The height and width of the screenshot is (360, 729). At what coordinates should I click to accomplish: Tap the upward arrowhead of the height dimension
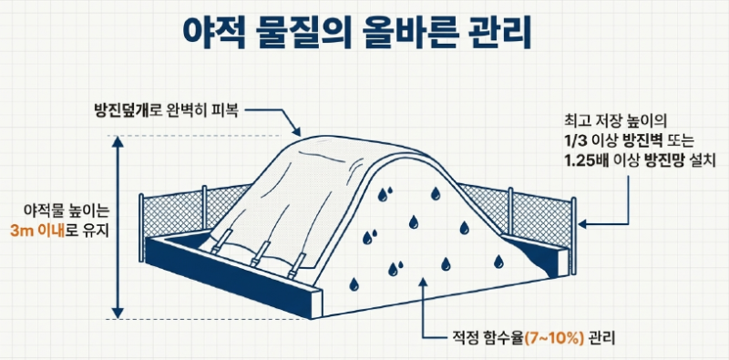[x=118, y=142]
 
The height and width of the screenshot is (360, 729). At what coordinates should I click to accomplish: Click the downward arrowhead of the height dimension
[x=118, y=313]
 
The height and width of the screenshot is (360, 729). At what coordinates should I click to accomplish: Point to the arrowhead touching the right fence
[x=584, y=224]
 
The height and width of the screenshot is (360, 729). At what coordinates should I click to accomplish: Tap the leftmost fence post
[x=142, y=215]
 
